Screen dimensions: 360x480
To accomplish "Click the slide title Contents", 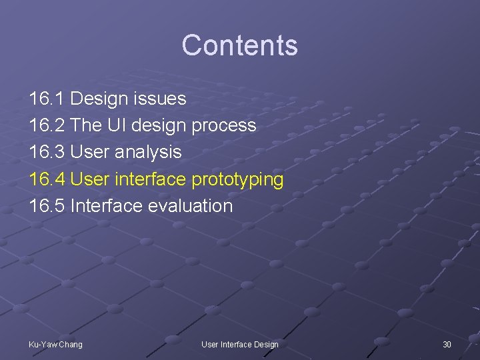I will [239, 45].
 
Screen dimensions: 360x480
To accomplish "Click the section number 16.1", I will [47, 99].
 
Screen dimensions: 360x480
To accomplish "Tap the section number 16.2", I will [47, 125].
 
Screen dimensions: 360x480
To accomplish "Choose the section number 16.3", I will [47, 152].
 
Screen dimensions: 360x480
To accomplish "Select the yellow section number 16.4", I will [47, 179].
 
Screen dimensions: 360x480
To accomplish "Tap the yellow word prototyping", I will [237, 180].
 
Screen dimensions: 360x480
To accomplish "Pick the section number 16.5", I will [47, 205].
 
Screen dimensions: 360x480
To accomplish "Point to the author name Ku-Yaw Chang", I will [55, 344].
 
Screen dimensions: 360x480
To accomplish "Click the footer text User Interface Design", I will [240, 344].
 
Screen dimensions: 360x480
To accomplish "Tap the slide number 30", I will [447, 344].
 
